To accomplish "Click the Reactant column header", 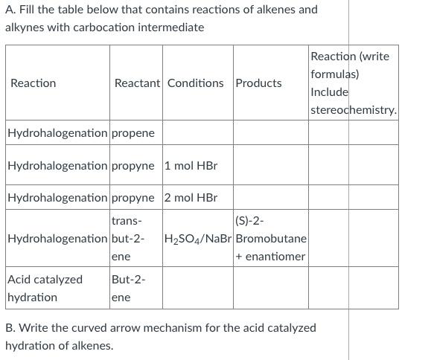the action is (137, 83).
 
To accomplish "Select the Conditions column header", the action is (195, 83).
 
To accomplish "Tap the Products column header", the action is (258, 83).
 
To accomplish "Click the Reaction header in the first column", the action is (33, 83).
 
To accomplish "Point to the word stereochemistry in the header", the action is (353, 110).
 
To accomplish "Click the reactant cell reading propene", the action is (133, 133).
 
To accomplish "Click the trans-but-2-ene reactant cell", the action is (129, 238).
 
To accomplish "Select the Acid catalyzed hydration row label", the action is (45, 288).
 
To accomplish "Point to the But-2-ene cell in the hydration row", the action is (128, 288).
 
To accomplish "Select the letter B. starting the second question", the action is (10, 327).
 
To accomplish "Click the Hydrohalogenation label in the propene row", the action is (57, 133).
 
